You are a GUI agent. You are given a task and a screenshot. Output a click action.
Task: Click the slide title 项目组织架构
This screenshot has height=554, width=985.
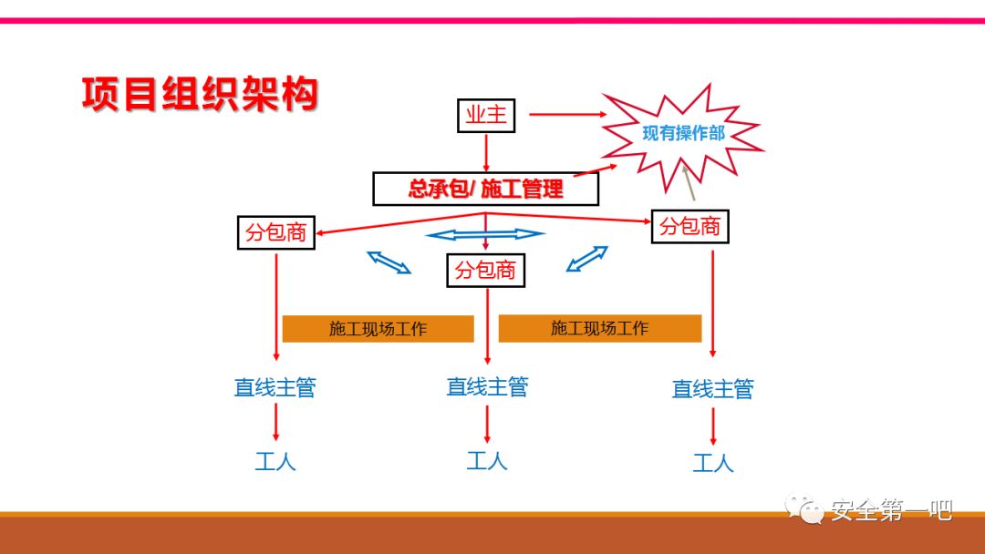point(200,94)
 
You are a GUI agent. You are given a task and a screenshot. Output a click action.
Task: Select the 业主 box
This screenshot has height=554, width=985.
point(486,116)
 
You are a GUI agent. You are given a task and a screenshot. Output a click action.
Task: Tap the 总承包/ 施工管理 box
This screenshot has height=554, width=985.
point(485,189)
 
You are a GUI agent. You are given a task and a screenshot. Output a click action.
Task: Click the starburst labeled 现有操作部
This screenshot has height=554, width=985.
point(683,134)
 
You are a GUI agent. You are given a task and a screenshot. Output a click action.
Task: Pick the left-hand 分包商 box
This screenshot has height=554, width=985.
point(275,232)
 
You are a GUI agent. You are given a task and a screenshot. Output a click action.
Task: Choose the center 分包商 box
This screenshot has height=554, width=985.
point(485,270)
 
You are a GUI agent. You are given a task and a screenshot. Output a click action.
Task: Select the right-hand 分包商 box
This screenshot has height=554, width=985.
point(690,226)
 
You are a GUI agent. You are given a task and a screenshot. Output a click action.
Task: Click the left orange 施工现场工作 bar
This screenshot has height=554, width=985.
point(378,329)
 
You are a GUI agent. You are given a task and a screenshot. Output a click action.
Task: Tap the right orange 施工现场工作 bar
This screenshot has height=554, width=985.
point(599,328)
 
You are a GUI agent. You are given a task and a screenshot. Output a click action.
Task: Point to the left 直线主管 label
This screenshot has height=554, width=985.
point(275,387)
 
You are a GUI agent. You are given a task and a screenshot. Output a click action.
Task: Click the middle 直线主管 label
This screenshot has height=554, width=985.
point(487,386)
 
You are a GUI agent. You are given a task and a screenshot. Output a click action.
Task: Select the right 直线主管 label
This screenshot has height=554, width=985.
point(712,389)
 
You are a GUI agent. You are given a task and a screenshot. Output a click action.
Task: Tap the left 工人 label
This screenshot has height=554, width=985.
point(275,461)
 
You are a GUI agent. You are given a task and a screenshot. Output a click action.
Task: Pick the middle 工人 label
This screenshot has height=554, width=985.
point(487,460)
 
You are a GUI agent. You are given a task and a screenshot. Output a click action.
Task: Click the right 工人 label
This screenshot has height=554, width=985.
point(712,463)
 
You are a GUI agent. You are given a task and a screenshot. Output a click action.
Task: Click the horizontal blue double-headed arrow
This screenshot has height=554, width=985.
point(485,234)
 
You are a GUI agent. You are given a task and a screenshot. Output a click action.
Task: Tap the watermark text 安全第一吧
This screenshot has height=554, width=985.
point(890,511)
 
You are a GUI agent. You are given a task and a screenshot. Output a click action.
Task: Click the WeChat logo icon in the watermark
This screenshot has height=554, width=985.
point(804,509)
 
